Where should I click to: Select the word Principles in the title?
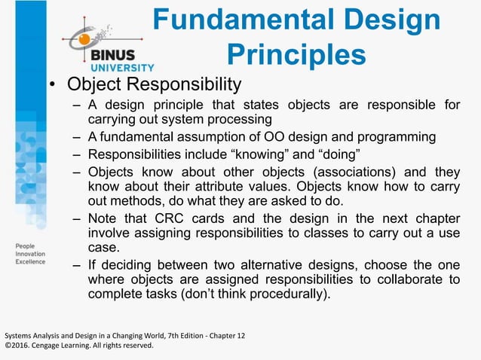tap(296, 54)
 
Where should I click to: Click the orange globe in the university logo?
tap(84, 38)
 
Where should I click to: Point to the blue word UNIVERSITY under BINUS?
tap(122, 66)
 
